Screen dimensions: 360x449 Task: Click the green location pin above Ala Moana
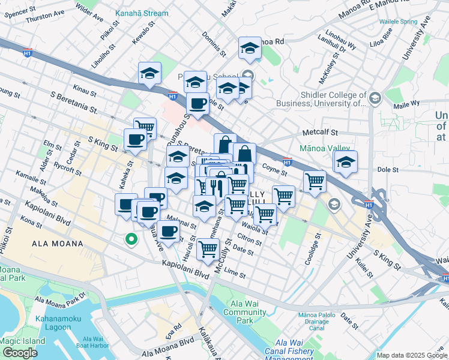tap(130, 241)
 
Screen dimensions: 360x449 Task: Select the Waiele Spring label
tap(398, 22)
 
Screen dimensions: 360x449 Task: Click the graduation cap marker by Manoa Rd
tap(250, 50)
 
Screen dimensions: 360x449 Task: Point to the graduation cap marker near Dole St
tap(346, 162)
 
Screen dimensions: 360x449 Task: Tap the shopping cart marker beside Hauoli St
tap(207, 248)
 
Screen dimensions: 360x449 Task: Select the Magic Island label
tap(17, 340)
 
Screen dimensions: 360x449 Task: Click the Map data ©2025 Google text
tap(411, 355)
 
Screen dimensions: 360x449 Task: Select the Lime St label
tap(235, 273)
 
